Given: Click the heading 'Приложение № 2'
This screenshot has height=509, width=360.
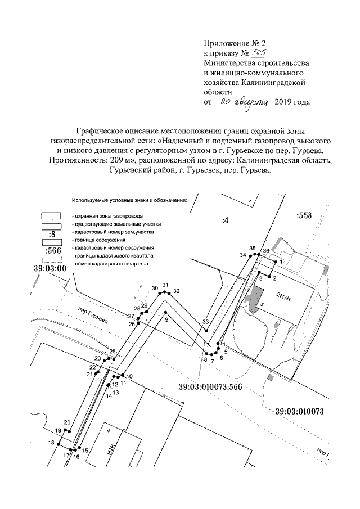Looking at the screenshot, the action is coord(233,42).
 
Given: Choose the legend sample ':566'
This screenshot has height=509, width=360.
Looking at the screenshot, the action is coord(52,250).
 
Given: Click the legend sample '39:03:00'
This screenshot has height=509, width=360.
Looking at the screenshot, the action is coord(51,268).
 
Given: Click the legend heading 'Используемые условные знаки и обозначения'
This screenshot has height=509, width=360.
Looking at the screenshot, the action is coord(129,200).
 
